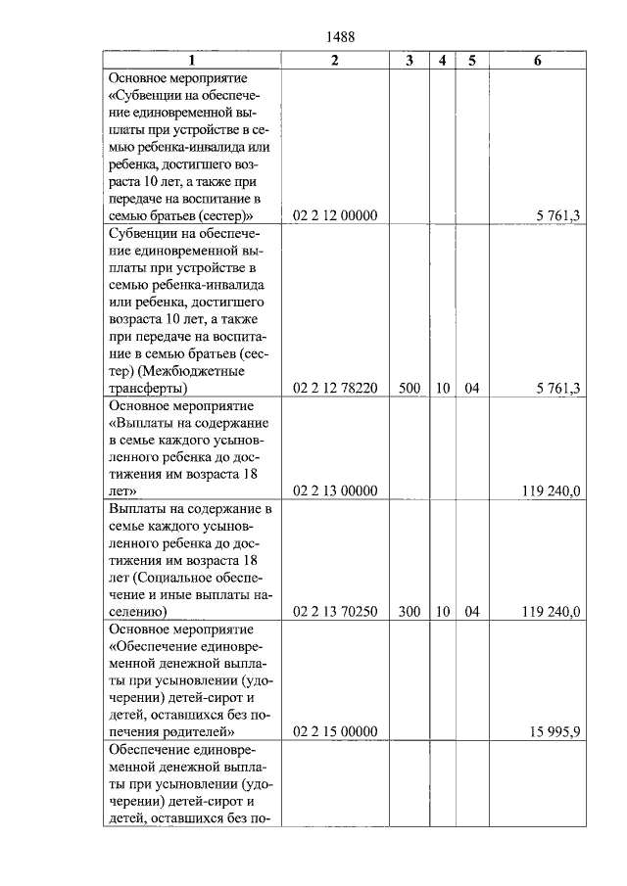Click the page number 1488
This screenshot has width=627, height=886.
click(x=338, y=37)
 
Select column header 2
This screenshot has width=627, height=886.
click(x=335, y=60)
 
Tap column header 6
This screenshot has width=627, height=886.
click(x=537, y=60)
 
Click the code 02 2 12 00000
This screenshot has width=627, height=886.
click(x=335, y=216)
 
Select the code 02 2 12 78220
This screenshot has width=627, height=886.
click(x=335, y=389)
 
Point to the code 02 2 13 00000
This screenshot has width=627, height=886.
click(x=335, y=490)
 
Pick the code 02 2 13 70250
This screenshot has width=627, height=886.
click(x=335, y=612)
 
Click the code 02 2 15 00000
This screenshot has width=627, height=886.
click(x=335, y=731)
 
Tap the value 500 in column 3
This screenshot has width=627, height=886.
click(x=410, y=389)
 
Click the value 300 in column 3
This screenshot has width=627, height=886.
click(x=410, y=612)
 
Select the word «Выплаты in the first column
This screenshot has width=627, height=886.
click(x=140, y=422)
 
